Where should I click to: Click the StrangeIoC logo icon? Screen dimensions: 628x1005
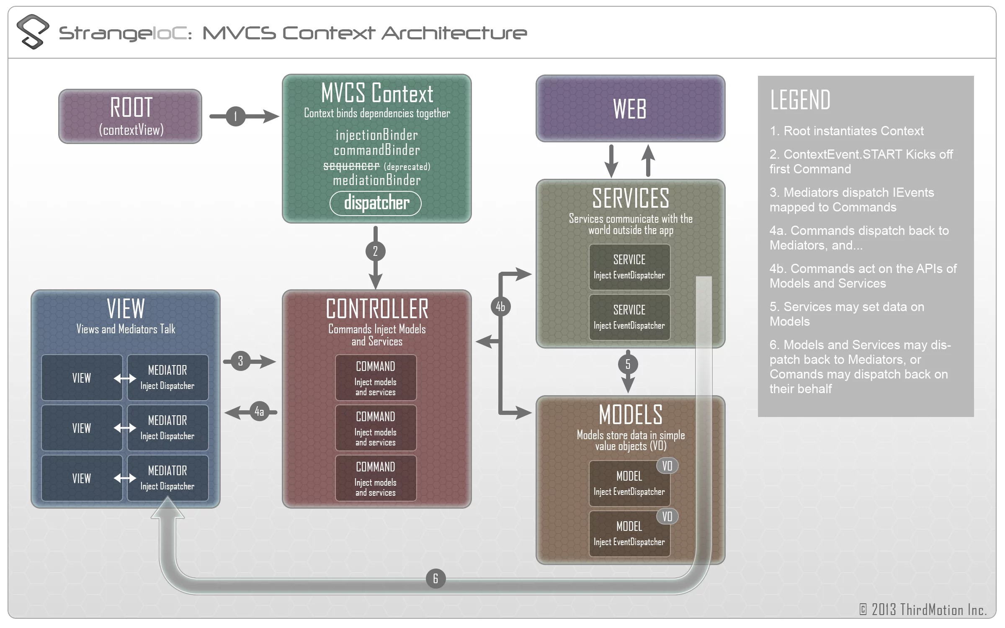(x=33, y=32)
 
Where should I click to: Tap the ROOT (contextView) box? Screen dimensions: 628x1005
(x=130, y=116)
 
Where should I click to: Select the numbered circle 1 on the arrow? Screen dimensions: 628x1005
(x=236, y=116)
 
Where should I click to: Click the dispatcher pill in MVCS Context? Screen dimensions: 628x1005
(x=376, y=203)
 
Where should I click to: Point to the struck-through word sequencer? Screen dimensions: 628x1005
(x=351, y=166)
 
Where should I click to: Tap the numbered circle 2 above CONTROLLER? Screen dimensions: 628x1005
(x=375, y=251)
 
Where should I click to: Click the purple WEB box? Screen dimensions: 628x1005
(x=630, y=109)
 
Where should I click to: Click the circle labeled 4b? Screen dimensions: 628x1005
(x=500, y=306)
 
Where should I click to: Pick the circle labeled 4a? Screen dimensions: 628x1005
(x=259, y=412)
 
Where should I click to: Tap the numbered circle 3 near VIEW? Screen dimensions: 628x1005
(x=240, y=361)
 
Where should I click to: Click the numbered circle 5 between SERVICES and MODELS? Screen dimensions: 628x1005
(x=628, y=364)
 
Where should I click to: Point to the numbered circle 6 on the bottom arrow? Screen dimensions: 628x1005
(x=435, y=579)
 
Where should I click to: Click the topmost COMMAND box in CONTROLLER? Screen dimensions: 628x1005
(x=376, y=378)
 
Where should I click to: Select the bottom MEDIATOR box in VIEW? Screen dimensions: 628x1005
(x=167, y=478)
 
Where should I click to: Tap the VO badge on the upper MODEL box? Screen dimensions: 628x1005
(x=667, y=466)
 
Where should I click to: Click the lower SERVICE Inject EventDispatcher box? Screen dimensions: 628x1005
(x=629, y=317)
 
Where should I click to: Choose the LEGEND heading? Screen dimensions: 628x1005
(x=800, y=100)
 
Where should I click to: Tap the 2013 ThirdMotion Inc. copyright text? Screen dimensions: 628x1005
(x=923, y=610)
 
